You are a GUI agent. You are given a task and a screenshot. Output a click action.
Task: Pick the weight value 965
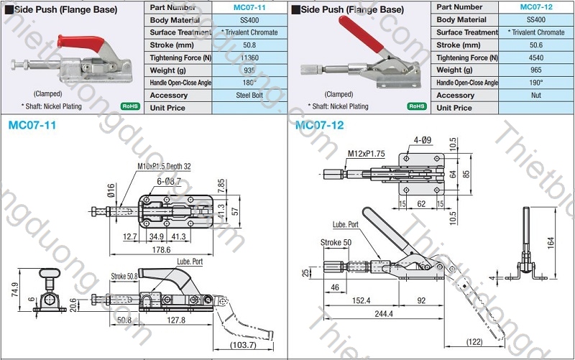point(535,70)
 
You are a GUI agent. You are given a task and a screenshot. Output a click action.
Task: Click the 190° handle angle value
point(535,83)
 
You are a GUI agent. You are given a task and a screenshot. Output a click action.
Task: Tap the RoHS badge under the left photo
point(130,106)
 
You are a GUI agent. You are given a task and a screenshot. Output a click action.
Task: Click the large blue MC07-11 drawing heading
point(32,125)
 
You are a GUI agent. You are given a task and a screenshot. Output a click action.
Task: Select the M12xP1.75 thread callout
point(367,154)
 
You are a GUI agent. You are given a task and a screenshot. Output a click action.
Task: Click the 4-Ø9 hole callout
point(423,139)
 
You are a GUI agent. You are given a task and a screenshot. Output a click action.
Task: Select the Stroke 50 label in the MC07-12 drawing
point(336,243)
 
